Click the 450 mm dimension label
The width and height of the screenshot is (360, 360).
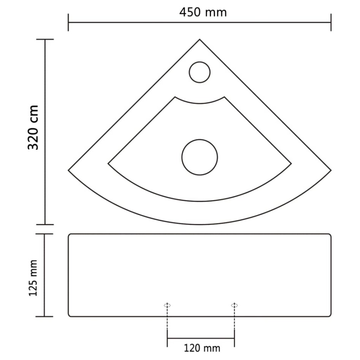point(203,12)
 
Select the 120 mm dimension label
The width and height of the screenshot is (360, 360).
point(202,347)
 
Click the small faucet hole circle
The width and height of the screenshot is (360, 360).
point(200,72)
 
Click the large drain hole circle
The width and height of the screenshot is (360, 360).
point(200,157)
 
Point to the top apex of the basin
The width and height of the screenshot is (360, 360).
point(200,40)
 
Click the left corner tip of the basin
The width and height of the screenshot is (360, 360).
point(69,170)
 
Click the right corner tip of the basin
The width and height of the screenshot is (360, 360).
point(331,170)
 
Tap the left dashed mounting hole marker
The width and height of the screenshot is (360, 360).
point(167,305)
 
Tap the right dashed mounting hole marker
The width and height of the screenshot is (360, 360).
point(234,305)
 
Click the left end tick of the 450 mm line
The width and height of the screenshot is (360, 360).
point(68,22)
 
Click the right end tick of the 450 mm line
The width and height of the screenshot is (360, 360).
point(331,22)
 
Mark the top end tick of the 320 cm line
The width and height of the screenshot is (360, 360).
point(45,40)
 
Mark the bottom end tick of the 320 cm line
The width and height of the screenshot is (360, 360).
point(45,224)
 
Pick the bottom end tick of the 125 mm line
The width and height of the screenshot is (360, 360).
point(44,316)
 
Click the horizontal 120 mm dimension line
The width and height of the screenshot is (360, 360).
point(201,338)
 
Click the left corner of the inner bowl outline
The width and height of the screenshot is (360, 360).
point(108,164)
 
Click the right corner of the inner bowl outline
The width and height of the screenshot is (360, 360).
point(291,164)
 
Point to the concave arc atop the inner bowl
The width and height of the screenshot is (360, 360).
point(200,103)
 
